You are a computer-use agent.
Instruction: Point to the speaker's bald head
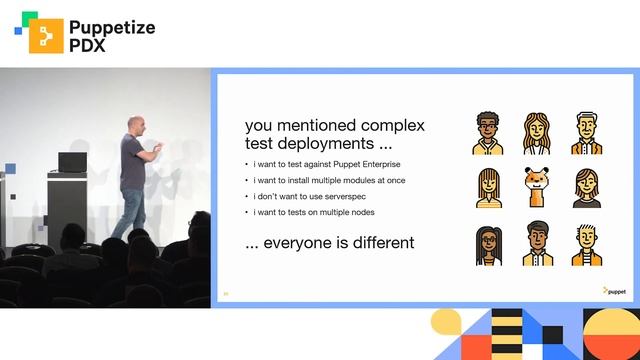(x=137, y=124)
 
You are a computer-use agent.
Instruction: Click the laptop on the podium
(x=73, y=161)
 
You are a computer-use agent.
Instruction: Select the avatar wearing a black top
(x=587, y=188)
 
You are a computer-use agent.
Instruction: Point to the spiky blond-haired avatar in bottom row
(x=587, y=244)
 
